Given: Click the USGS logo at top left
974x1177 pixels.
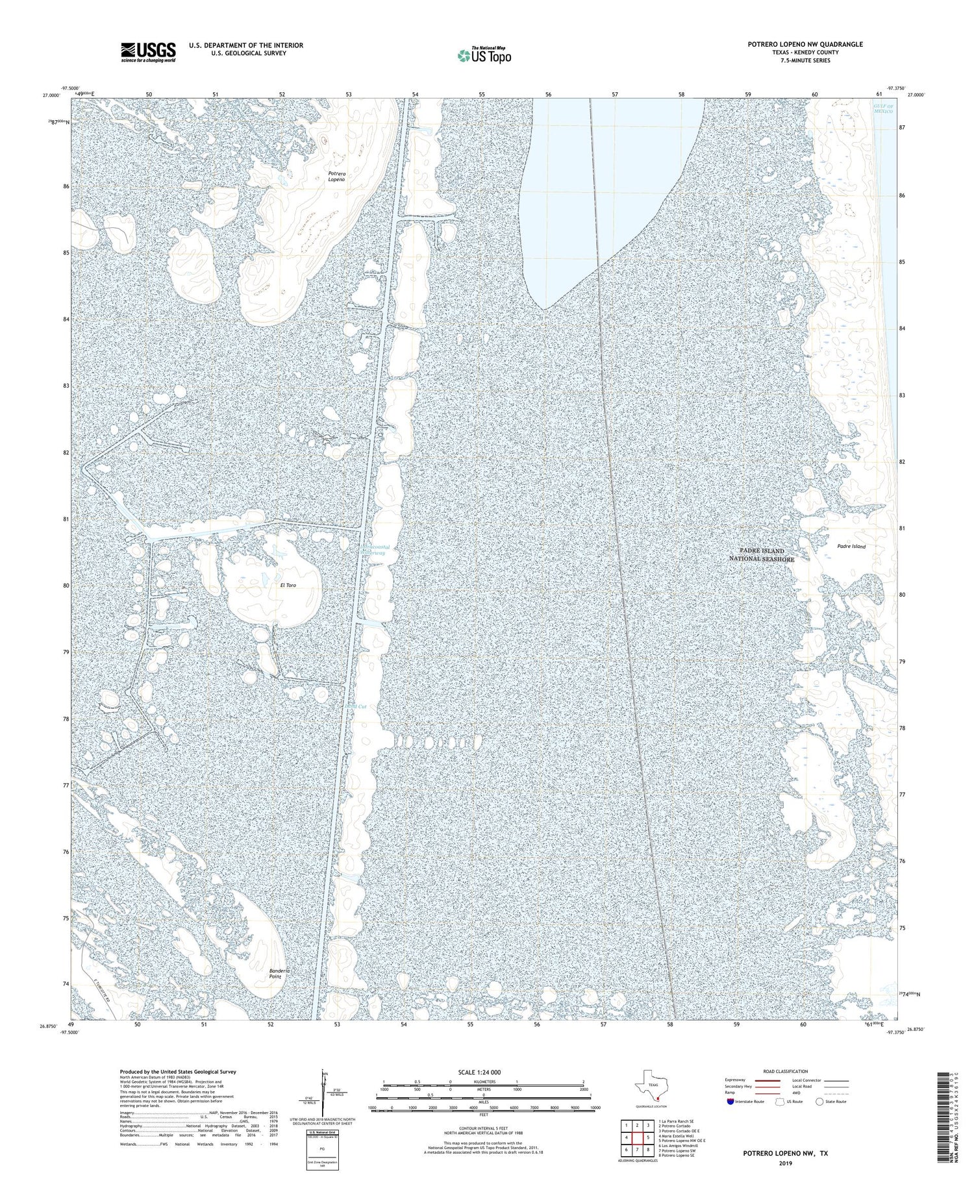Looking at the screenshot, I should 148,52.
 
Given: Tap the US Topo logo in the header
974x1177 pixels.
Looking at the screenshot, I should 484,56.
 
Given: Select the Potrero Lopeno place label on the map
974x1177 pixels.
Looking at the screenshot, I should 336,176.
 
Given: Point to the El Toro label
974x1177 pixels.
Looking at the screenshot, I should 288,586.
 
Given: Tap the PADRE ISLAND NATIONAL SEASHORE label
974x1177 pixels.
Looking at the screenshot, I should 761,554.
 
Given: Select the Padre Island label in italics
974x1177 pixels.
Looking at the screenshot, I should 851,547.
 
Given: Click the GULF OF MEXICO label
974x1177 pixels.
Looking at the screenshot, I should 883,108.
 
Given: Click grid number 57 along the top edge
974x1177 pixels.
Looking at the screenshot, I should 615,95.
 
